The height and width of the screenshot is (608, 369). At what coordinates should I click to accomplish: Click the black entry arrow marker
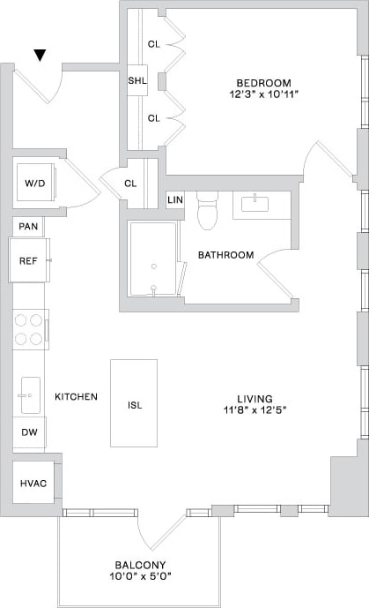[x=40, y=56]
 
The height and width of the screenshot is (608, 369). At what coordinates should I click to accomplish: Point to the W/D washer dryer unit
[x=34, y=184]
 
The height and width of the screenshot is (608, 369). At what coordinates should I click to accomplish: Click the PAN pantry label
[x=27, y=227]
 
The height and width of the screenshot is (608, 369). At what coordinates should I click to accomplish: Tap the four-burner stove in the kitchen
[x=30, y=329]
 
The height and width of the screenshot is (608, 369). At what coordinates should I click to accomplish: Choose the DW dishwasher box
[x=28, y=432]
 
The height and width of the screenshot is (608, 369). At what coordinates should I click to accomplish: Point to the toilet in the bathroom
[x=207, y=211]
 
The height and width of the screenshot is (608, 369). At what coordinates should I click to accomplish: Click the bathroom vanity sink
[x=260, y=204]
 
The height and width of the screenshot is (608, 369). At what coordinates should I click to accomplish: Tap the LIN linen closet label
[x=175, y=200]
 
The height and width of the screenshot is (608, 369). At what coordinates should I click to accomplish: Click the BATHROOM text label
[x=225, y=255]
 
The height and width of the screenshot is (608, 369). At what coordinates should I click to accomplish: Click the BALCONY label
[x=141, y=565]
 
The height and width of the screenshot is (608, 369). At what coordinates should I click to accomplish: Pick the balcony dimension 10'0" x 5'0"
[x=141, y=578]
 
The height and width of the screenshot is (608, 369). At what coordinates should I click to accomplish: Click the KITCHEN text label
[x=76, y=397]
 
